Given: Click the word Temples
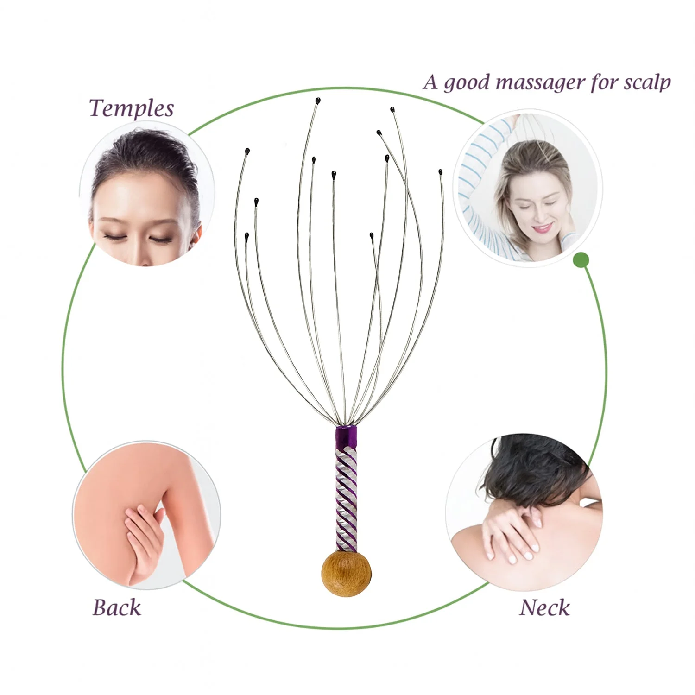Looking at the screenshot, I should (131, 109).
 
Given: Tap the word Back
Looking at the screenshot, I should (117, 607).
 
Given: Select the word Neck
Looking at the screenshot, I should (544, 607).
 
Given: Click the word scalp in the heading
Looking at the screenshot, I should (647, 82).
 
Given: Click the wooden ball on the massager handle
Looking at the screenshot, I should (346, 573).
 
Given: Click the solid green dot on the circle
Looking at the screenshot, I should (581, 260).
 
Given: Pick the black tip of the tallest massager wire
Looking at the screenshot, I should (318, 101).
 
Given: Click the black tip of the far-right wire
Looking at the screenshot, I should (441, 172).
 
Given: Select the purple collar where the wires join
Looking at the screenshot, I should (346, 434).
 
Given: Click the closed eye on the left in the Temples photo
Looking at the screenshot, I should (113, 237).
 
